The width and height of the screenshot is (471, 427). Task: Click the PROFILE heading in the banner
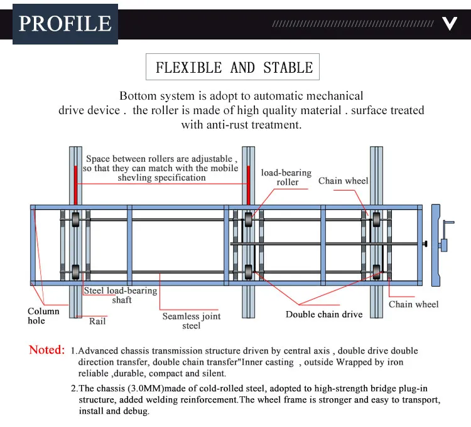[65, 24]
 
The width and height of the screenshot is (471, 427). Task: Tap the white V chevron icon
[449, 24]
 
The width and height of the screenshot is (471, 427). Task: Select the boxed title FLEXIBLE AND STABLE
[234, 68]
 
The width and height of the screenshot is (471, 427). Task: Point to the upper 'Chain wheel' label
[343, 181]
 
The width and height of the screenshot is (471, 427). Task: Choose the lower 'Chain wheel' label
[413, 304]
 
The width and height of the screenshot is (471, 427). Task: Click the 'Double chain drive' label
[324, 314]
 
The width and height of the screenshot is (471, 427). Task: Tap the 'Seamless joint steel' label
[192, 321]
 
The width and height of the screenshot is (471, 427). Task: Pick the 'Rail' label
[97, 320]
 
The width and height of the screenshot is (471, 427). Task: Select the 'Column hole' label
[43, 316]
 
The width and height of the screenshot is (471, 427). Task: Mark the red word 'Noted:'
[47, 350]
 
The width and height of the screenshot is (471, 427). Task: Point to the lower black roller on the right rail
[376, 271]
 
